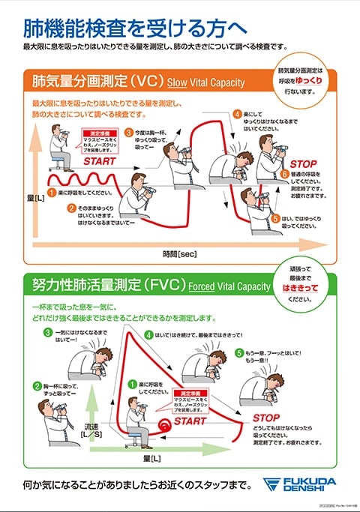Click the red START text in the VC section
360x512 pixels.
point(100,161)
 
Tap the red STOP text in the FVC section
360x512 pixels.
point(266,418)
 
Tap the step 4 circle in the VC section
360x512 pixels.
point(238,115)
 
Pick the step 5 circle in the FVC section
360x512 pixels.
point(238,352)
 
